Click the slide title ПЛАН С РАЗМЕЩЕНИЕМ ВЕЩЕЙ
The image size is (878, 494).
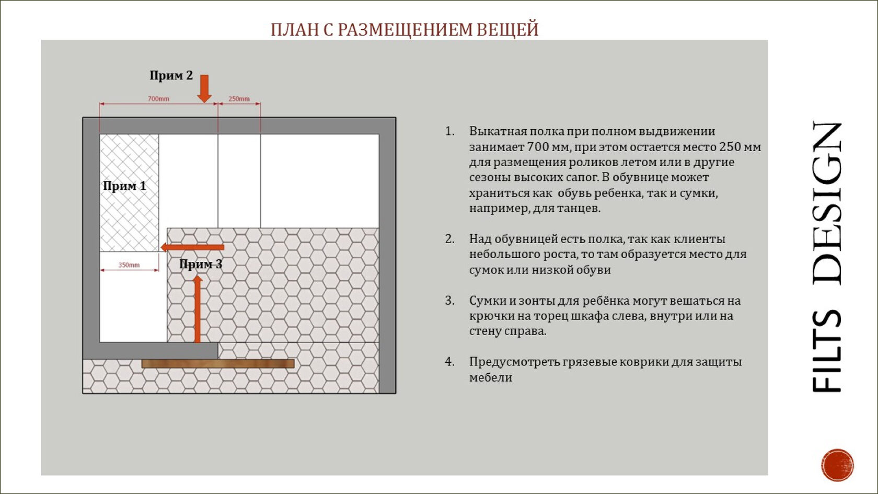404,29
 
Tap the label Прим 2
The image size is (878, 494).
171,75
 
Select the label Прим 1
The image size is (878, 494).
124,186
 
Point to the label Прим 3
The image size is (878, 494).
201,264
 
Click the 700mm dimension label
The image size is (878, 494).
158,98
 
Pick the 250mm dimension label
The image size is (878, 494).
239,98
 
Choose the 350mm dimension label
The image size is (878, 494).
129,265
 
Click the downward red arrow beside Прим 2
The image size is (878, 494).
204,88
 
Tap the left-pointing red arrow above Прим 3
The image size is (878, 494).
192,247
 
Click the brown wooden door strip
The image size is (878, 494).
218,363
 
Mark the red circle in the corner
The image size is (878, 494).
837,465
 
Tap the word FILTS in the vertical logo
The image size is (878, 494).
827,351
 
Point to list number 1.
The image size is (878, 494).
449,131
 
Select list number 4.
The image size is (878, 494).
449,362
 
